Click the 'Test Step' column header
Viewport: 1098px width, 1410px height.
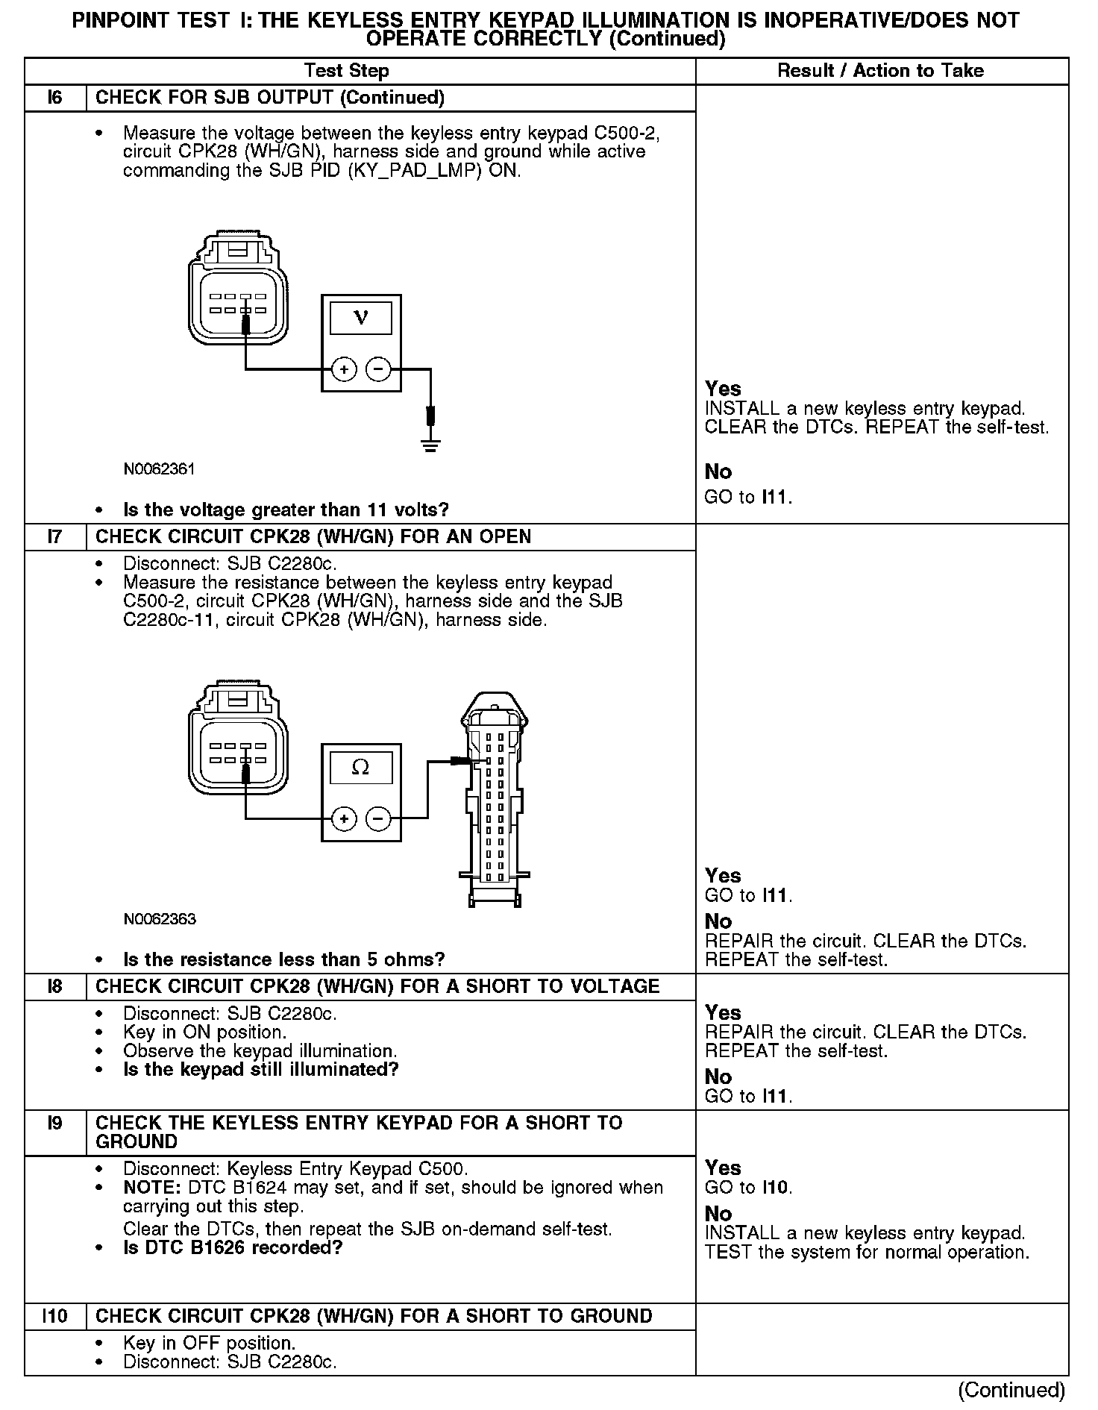tap(346, 71)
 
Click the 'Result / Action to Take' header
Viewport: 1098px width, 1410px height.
tap(880, 71)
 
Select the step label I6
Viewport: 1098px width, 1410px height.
tap(55, 98)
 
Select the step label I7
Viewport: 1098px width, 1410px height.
tap(55, 536)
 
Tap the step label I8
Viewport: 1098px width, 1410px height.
tap(55, 986)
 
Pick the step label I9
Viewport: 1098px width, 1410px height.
tap(55, 1123)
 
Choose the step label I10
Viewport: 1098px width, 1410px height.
tap(55, 1316)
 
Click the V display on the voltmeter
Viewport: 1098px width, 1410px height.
tap(361, 318)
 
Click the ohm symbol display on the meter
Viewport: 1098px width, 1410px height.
tap(361, 767)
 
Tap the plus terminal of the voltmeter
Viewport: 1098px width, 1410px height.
tap(343, 369)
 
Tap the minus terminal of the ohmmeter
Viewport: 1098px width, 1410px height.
tap(379, 819)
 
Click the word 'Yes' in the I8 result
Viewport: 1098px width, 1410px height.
tap(723, 1012)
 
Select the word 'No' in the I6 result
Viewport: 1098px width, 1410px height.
tap(718, 471)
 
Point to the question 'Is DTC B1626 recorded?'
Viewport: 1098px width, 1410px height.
tap(232, 1247)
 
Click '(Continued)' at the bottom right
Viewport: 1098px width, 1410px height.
tap(1011, 1390)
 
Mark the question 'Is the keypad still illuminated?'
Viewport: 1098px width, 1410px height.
tap(260, 1069)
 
